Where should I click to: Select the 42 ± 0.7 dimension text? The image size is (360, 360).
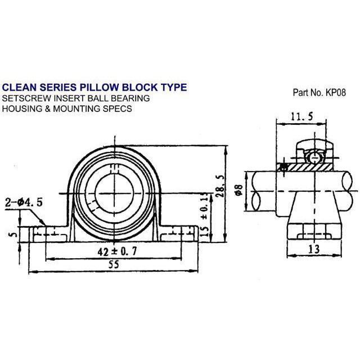[x=115, y=252]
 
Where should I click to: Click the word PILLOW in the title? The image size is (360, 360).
[x=100, y=88]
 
